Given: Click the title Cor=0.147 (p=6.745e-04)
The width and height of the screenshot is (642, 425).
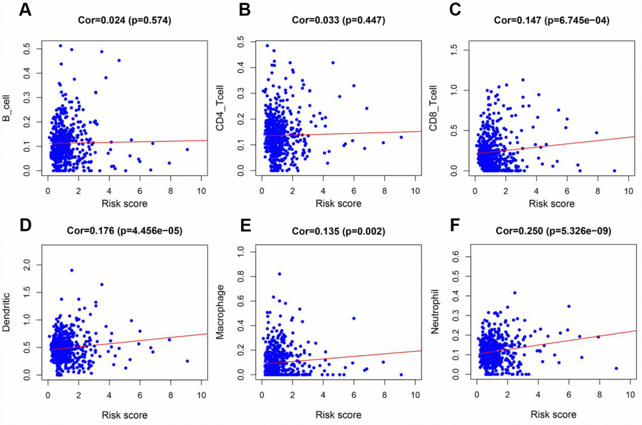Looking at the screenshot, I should [551, 21].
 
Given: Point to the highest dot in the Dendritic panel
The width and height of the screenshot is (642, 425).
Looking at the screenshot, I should [72, 270].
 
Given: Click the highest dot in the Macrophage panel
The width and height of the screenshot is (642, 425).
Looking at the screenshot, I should [279, 273].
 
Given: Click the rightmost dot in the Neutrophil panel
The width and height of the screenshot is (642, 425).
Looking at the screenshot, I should [616, 368].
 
